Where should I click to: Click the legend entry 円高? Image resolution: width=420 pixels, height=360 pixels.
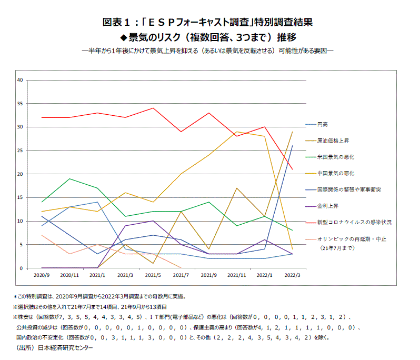click(x=322, y=125)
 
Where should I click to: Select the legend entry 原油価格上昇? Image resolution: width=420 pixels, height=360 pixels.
click(x=333, y=141)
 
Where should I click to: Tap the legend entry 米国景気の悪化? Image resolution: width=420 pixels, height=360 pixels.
click(x=336, y=157)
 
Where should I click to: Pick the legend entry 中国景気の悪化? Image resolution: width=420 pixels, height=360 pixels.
click(x=336, y=173)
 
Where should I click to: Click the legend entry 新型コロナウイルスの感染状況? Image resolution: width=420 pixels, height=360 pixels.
click(x=354, y=222)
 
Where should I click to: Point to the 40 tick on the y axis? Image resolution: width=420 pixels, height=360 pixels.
click(x=20, y=80)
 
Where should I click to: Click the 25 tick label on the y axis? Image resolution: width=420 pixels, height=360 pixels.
click(x=20, y=151)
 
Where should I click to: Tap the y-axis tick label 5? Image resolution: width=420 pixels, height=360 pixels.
click(x=21, y=245)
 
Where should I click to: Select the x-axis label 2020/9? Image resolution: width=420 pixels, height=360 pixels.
click(x=42, y=275)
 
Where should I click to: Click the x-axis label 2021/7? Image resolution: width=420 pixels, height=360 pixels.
click(x=181, y=275)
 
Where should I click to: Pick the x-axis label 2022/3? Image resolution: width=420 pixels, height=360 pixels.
click(x=292, y=275)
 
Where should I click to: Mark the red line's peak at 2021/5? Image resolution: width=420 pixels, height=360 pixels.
click(x=153, y=108)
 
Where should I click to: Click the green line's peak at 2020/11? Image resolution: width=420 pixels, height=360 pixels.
click(x=70, y=179)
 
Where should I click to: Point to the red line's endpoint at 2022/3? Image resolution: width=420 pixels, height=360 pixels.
click(x=292, y=169)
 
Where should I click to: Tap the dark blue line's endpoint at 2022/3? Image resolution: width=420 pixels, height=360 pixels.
click(x=292, y=146)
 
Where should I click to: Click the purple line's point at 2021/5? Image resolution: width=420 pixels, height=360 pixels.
click(x=153, y=221)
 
